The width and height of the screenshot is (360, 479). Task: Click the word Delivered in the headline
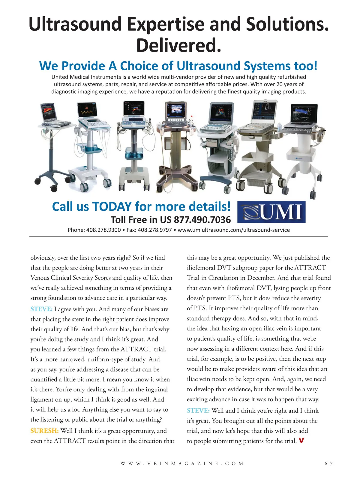coord(179,46)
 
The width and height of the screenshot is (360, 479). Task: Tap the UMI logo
coord(271,212)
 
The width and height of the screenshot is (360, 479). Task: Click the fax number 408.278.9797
coord(154,230)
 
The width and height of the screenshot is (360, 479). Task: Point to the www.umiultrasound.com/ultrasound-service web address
coord(234,230)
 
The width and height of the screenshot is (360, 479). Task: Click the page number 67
coord(328,463)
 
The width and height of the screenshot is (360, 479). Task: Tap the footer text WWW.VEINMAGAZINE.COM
coord(182,463)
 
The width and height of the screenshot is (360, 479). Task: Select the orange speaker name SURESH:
coord(44,431)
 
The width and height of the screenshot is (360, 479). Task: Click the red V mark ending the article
coord(301,441)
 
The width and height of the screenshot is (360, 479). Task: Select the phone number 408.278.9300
coord(103,230)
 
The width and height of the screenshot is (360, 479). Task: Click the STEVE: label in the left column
coord(41,309)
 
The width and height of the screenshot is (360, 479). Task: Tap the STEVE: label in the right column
coord(198,411)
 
